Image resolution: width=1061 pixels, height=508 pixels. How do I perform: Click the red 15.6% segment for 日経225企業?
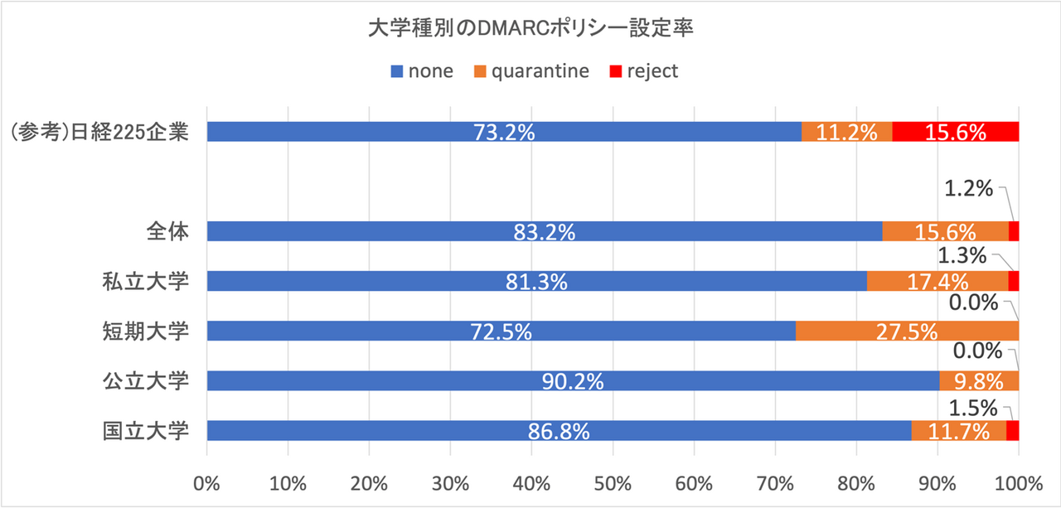tap(955, 132)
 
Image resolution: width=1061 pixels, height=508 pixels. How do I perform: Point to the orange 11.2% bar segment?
tap(846, 132)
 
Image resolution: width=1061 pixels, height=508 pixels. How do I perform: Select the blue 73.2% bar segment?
tap(503, 132)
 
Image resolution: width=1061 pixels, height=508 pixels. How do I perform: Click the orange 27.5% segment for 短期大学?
tap(907, 331)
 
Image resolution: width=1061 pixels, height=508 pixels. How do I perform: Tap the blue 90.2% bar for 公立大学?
tap(572, 380)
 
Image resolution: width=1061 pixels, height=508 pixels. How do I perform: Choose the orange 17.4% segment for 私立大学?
tap(937, 281)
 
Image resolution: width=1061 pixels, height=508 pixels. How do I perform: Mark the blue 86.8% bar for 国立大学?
tap(558, 430)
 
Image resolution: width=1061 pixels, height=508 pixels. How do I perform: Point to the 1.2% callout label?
tap(969, 189)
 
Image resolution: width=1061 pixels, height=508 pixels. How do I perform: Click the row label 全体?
tap(163, 231)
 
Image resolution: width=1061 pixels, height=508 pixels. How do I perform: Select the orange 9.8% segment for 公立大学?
tap(978, 380)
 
